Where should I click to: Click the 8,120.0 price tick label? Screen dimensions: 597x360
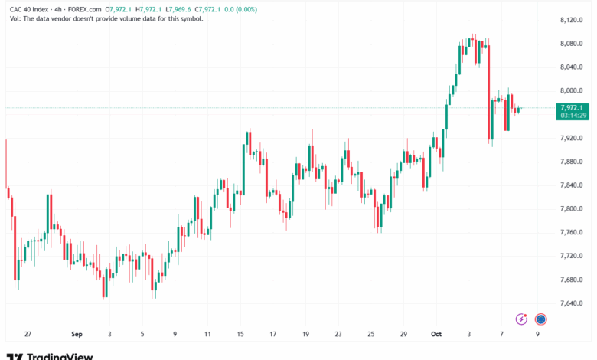(571, 20)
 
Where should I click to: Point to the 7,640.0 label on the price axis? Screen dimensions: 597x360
(571, 303)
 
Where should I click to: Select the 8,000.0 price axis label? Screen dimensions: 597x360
(571, 90)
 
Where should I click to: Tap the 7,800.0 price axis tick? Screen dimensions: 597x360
(571, 209)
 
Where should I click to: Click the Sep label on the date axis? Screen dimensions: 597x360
(77, 334)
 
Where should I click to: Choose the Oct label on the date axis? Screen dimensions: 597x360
(436, 334)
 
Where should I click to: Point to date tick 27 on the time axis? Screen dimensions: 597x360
(28, 334)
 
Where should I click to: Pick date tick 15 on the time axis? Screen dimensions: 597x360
(240, 334)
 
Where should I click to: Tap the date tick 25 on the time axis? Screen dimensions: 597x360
(371, 334)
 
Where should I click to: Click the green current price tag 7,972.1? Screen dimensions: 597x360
(572, 108)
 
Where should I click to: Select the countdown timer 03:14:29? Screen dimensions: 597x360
(573, 116)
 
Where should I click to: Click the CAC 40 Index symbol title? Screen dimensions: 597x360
(29, 9)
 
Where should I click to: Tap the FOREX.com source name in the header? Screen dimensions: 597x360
(84, 9)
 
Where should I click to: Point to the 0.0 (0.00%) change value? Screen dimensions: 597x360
(240, 9)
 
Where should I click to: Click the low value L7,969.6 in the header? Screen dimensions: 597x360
(178, 9)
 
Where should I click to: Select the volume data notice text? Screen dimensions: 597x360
(106, 18)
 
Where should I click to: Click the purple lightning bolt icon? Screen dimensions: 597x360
(521, 319)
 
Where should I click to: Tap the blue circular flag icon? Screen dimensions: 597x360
(540, 319)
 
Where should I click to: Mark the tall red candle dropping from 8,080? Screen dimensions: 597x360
(488, 92)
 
